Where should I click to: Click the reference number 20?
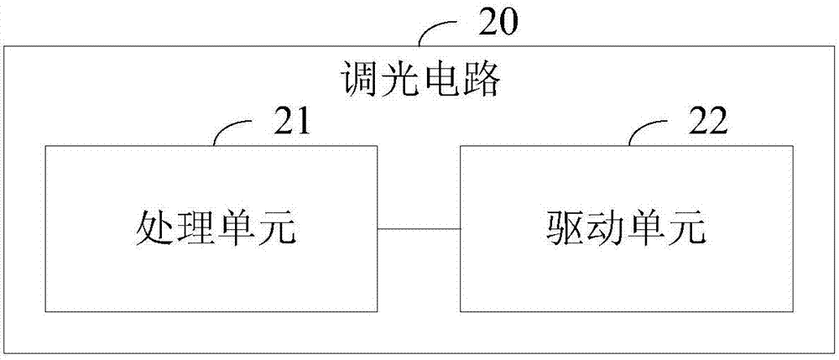coord(499,22)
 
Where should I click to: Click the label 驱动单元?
coord(625,228)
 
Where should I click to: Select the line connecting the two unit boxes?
coord(419,228)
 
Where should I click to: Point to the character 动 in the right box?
coord(605,228)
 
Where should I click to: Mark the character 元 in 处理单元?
coord(275,228)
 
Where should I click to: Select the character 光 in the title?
coord(399,81)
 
